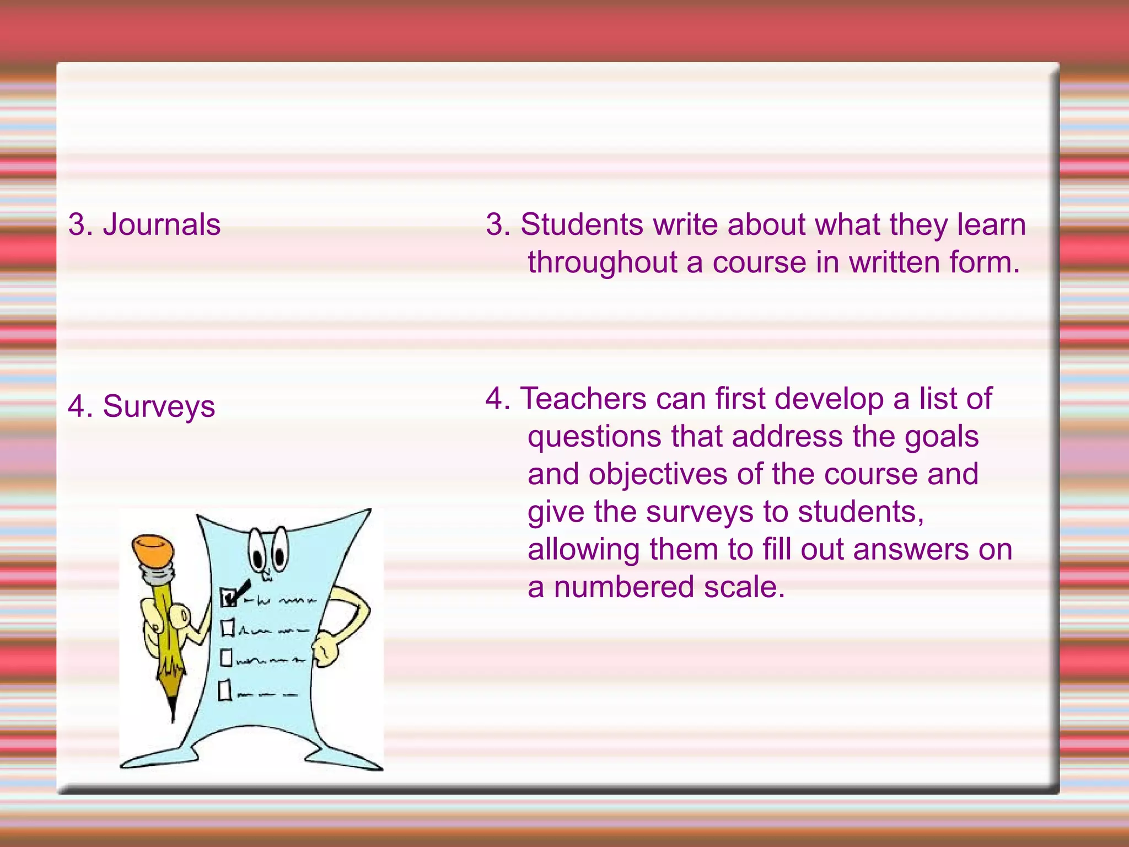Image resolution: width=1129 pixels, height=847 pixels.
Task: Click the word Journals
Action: (162, 225)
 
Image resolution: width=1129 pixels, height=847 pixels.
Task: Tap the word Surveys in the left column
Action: (159, 407)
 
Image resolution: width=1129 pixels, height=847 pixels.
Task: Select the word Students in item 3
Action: (582, 225)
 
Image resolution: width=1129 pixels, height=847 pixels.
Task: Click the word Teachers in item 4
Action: (584, 399)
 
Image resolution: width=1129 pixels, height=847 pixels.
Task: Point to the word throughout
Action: (603, 262)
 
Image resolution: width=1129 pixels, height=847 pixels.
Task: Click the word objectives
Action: (658, 474)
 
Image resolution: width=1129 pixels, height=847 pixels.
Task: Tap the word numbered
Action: (624, 587)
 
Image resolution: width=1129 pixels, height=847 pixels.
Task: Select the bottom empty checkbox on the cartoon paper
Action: (224, 690)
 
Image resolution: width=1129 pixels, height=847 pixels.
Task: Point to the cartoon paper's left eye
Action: (257, 549)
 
